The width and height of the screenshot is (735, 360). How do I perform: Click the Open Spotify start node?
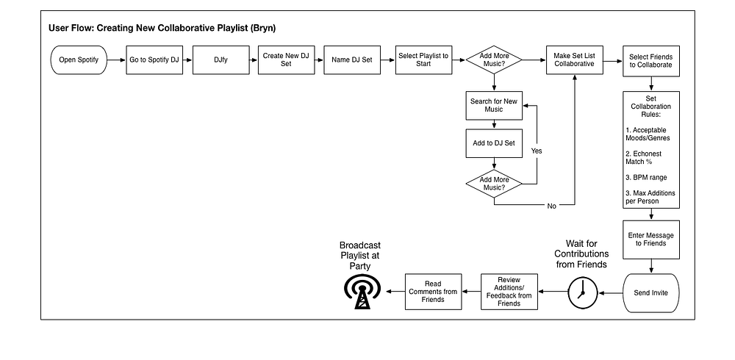pos(79,60)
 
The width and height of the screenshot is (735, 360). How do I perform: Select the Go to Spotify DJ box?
pos(154,60)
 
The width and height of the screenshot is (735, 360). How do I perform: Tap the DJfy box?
pos(220,60)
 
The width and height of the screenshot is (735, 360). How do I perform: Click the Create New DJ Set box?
pos(286,60)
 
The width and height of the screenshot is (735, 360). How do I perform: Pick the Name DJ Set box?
pos(352,60)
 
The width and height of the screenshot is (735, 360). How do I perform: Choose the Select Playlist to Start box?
pos(423,60)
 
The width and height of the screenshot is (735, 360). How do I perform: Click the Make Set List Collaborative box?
pos(574,60)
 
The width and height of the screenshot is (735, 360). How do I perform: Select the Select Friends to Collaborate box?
pos(651,61)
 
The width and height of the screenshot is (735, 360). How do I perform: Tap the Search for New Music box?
pos(494,106)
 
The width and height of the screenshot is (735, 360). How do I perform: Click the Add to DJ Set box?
pos(494,143)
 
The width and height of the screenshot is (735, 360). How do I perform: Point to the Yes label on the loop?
pos(537,151)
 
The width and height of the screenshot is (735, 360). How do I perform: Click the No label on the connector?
pos(552,206)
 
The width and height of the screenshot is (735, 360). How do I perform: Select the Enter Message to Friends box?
pos(651,240)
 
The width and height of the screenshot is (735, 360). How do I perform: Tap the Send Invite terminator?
pos(651,293)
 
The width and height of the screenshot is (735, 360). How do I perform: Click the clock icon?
pos(583,293)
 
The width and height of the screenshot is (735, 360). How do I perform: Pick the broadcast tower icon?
pos(362,292)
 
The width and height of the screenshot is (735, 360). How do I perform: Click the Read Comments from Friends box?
pos(433,292)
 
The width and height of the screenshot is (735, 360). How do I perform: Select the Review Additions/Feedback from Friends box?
pos(509,292)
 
